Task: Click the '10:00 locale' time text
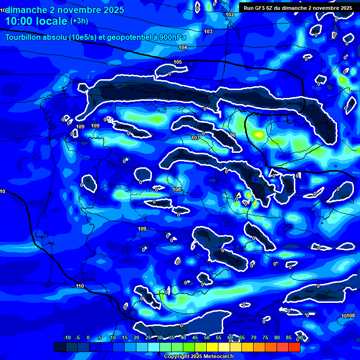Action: click(x=36, y=21)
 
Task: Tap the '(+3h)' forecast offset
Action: click(x=79, y=21)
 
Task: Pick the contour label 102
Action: click(x=230, y=15)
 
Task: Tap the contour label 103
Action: click(x=208, y=31)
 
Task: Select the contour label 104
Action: click(x=183, y=47)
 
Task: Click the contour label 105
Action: click(x=178, y=62)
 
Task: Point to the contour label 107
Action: click(x=195, y=138)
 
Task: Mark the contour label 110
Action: click(x=80, y=286)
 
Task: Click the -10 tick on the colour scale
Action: click(x=67, y=338)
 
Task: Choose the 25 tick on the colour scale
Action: click(x=148, y=338)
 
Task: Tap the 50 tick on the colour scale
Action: click(x=207, y=338)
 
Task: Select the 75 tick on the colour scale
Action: click(x=265, y=338)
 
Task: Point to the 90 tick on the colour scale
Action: click(x=300, y=338)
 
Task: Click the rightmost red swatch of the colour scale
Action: click(x=294, y=347)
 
